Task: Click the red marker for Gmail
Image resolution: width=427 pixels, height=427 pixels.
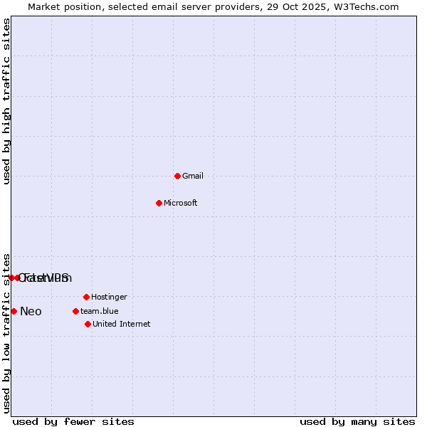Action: pyautogui.click(x=177, y=176)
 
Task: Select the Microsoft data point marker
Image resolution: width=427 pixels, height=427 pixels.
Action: pyautogui.click(x=159, y=203)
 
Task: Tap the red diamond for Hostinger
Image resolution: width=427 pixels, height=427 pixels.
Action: pyautogui.click(x=86, y=297)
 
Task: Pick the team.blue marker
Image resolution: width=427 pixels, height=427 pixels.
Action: pyautogui.click(x=75, y=311)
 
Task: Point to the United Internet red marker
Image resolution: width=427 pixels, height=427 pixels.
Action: pyautogui.click(x=88, y=324)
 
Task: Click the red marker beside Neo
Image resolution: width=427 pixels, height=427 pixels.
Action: pyautogui.click(x=14, y=311)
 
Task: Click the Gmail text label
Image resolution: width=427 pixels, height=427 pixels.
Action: pyautogui.click(x=193, y=176)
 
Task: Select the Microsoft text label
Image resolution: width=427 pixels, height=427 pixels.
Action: pyautogui.click(x=181, y=203)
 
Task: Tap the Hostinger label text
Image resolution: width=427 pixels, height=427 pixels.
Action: pyautogui.click(x=109, y=297)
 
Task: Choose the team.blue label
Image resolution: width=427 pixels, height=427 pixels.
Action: pyautogui.click(x=100, y=311)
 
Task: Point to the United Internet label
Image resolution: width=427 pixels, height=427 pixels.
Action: pyautogui.click(x=122, y=324)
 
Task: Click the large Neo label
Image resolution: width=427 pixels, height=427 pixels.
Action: pyautogui.click(x=31, y=311)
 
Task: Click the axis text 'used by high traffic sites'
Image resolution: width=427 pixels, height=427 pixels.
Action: pyautogui.click(x=7, y=101)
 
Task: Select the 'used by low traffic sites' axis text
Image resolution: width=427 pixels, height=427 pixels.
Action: pyautogui.click(x=7, y=332)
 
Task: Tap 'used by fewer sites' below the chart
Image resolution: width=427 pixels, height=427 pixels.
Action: pyautogui.click(x=73, y=421)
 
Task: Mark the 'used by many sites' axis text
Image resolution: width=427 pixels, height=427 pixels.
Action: pyautogui.click(x=357, y=421)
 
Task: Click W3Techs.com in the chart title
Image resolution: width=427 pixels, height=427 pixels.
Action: pyautogui.click(x=367, y=6)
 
